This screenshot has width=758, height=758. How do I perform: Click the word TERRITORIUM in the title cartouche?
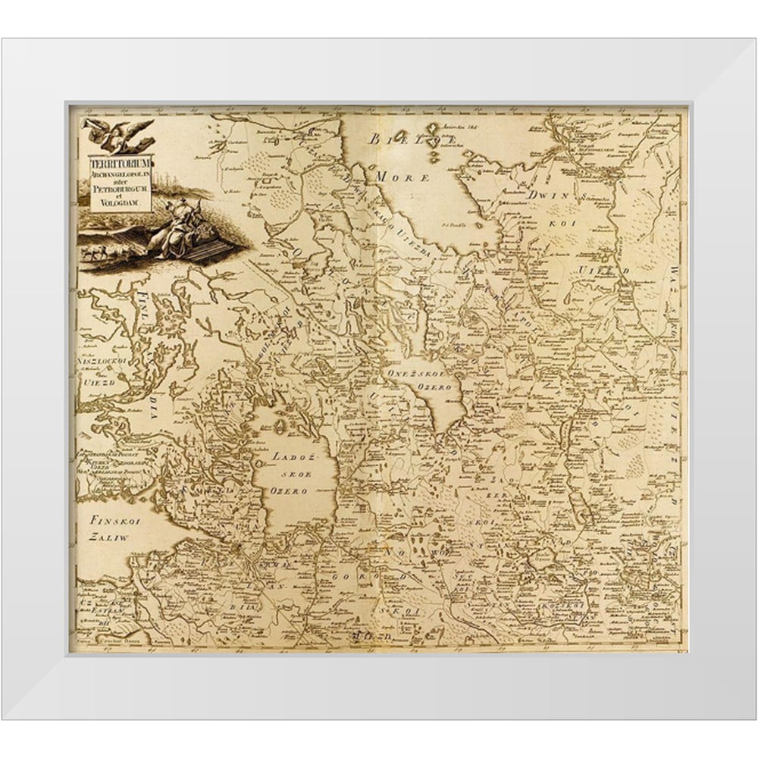tap(121, 162)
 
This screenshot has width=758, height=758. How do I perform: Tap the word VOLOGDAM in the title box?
tap(121, 205)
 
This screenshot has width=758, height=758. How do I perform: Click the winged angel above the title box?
tap(120, 134)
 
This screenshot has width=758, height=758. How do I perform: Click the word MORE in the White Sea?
tap(412, 176)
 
